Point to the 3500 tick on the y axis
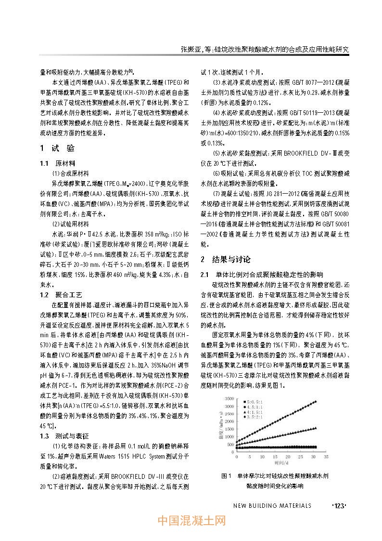(229, 398)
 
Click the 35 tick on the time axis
(326, 455)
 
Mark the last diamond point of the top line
(316, 401)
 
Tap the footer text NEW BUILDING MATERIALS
(272, 505)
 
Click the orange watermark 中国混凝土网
(191, 521)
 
